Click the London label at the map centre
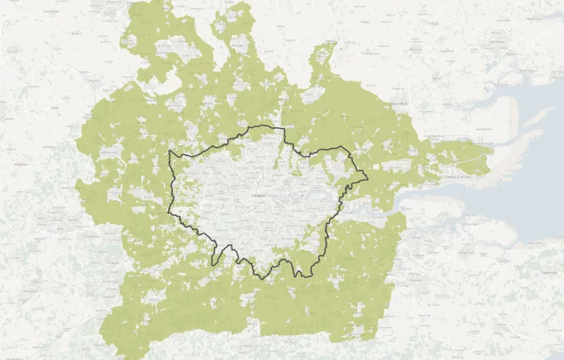[x=258, y=196]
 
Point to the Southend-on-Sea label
[x=461, y=177]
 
